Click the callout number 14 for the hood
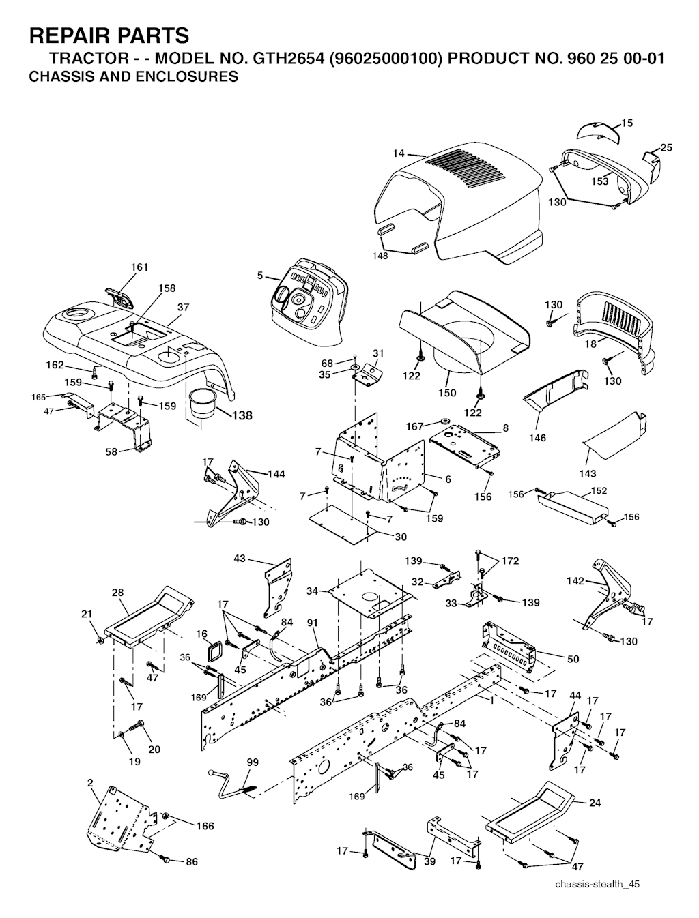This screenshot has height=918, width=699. point(399,153)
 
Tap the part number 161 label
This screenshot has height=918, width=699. point(139,267)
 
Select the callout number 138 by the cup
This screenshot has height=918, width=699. point(242,416)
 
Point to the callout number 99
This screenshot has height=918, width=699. point(253,762)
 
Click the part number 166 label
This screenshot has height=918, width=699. point(205,826)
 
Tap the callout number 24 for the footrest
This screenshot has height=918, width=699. point(595,803)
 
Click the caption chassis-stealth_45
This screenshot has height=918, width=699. point(598,885)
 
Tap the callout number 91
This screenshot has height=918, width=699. point(313,623)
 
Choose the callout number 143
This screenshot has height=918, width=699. point(587,473)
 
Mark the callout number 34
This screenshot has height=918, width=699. point(313,591)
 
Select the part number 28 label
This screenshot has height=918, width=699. point(117,593)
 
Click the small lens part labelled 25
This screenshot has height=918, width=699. point(652,163)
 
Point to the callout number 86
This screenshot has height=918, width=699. point(192,862)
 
